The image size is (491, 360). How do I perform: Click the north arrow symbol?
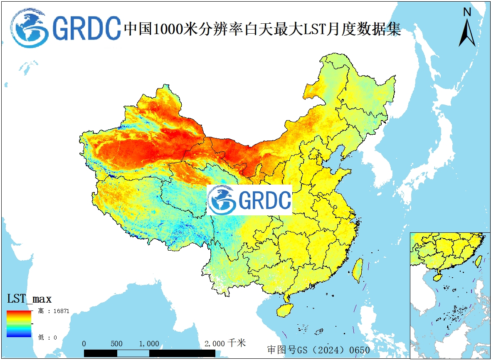[x=467, y=33]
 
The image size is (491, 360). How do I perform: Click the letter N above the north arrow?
[x=467, y=12]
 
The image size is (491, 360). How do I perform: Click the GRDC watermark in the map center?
[x=249, y=200]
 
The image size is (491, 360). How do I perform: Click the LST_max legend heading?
[x=29, y=299]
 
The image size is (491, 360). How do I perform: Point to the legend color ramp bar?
[x=19, y=323]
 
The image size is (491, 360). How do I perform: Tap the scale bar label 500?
[x=116, y=344]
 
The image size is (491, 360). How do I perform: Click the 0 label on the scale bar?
[x=84, y=344]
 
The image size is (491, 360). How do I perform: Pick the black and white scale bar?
[x=149, y=353]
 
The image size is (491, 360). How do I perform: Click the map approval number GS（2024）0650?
[x=318, y=350]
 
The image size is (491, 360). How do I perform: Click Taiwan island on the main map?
[x=358, y=270]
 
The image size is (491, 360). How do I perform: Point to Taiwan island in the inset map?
[x=479, y=261]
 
